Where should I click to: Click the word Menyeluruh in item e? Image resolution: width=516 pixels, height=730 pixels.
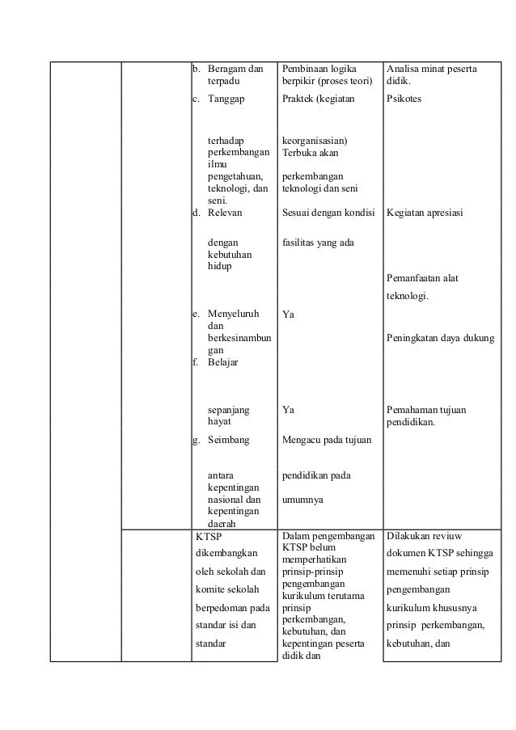point(232,313)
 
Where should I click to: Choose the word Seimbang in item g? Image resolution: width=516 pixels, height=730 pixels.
point(228,441)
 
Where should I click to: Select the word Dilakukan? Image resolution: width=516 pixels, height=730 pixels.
point(411,535)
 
